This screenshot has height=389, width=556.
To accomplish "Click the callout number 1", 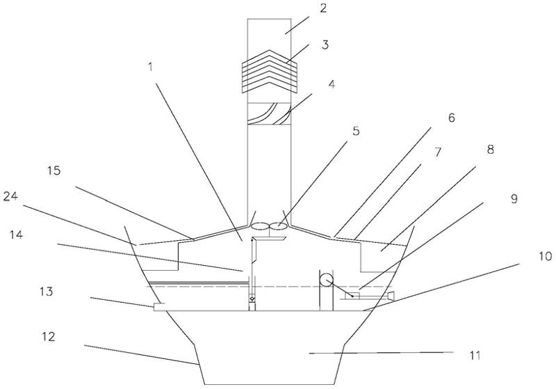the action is (x=151, y=67).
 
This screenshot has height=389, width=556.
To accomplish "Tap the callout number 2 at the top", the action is (x=323, y=8).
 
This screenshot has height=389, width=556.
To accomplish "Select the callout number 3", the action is (x=325, y=45).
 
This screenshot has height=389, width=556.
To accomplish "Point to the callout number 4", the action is (x=332, y=84).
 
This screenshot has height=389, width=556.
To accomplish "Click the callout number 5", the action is (x=356, y=131).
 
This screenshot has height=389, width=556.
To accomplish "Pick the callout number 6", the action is (x=451, y=118).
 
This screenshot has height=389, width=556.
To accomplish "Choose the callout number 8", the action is (x=490, y=150).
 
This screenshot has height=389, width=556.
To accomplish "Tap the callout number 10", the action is (x=546, y=256).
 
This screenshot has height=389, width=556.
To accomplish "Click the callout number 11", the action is (x=475, y=356).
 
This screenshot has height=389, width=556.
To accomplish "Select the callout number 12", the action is (x=48, y=336).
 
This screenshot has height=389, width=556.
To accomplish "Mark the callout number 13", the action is (x=47, y=292).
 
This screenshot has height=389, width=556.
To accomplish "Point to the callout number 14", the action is (x=16, y=235).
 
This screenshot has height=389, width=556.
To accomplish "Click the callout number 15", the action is (x=54, y=170).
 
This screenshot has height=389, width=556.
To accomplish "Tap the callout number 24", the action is (x=10, y=196).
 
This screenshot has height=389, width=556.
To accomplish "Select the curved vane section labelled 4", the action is (x=269, y=114).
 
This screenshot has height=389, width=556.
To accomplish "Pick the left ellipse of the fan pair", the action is (x=260, y=225).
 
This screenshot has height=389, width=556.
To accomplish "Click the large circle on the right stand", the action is (x=326, y=280).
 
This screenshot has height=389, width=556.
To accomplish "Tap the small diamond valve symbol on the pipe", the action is (x=252, y=299).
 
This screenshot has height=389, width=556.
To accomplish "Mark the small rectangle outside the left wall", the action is (x=160, y=307).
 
